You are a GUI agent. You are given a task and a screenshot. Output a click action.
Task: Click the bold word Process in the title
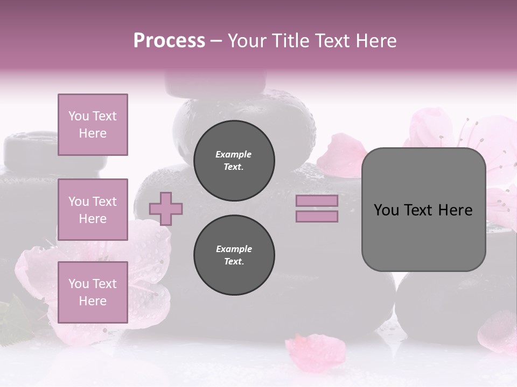click(169, 41)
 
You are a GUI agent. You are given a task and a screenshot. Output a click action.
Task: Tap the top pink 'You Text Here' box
click(93, 125)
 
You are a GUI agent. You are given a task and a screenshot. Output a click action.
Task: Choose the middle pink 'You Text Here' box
click(93, 210)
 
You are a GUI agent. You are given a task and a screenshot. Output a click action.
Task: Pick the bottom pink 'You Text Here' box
click(93, 292)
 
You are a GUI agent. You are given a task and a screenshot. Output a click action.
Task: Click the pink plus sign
click(166, 209)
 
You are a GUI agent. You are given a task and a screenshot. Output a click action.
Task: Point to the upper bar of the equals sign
click(317, 200)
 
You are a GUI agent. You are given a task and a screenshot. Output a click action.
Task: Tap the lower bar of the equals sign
click(317, 216)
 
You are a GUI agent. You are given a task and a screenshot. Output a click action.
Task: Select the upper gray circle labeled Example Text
click(234, 160)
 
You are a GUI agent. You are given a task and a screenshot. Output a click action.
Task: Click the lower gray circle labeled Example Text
click(234, 255)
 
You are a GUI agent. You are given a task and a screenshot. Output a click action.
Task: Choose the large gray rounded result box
click(423, 236)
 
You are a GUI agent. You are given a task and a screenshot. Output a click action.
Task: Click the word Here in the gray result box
click(455, 210)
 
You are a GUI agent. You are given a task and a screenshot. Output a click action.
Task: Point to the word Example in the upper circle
click(234, 154)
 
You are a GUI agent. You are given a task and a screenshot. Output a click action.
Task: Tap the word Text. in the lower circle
click(234, 261)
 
